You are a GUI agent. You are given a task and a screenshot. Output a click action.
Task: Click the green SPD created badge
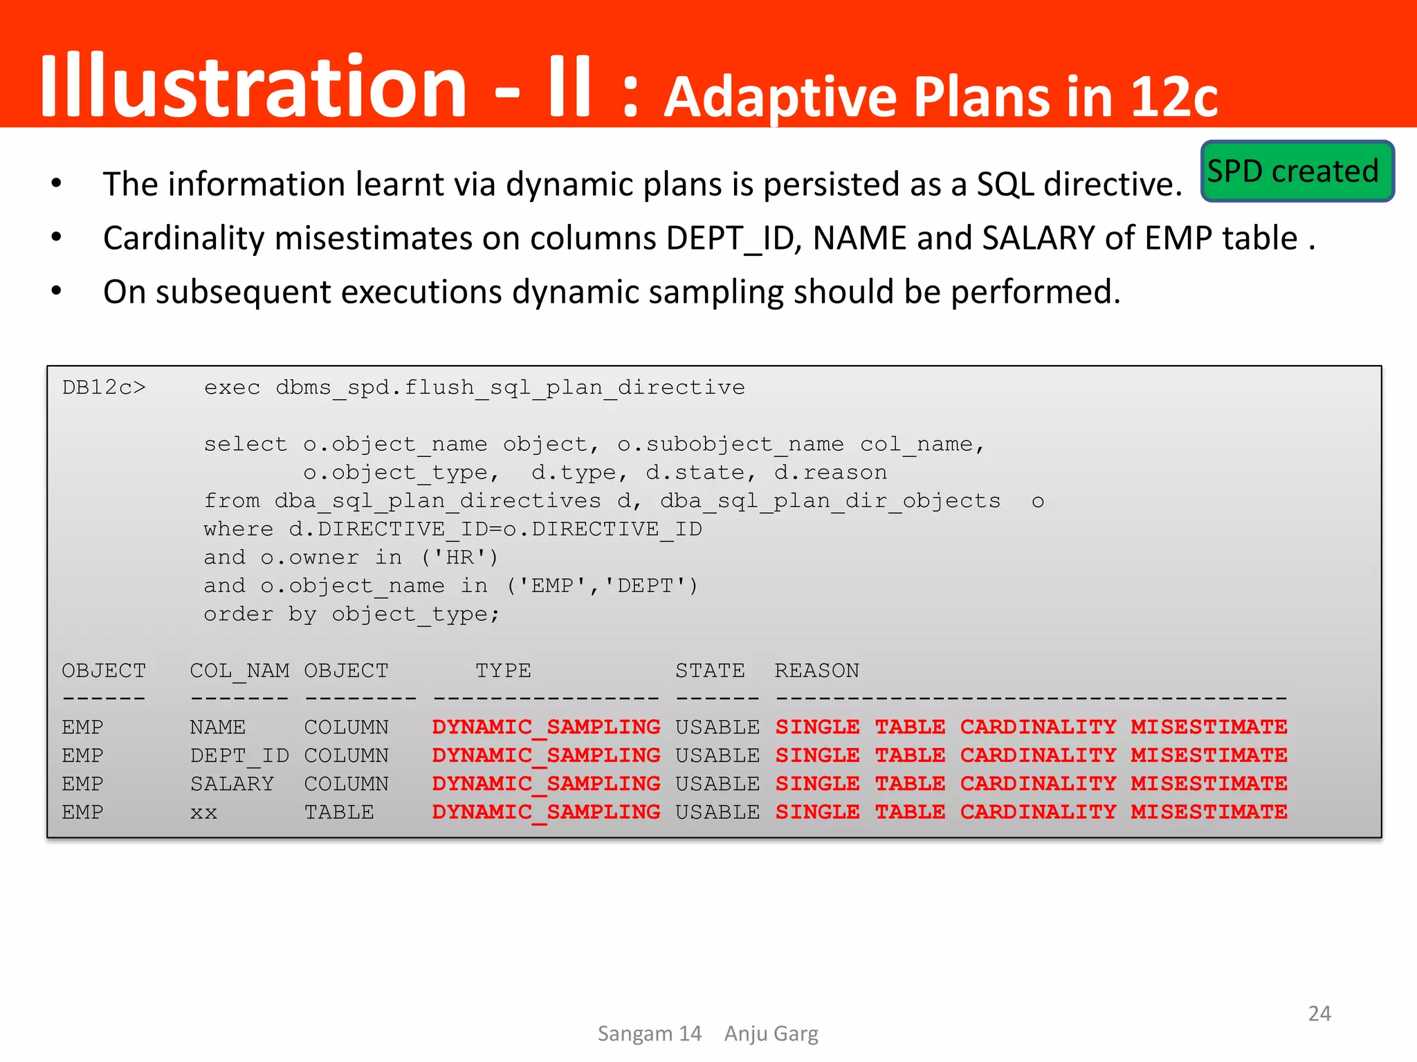1297,171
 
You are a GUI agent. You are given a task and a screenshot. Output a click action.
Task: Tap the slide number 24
1319,1014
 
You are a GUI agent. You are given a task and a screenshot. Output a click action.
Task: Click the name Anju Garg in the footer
771,1034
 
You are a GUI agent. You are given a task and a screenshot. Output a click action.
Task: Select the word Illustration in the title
253,86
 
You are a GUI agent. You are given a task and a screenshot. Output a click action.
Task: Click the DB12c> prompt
104,387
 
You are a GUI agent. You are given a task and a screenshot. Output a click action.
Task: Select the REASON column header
816,671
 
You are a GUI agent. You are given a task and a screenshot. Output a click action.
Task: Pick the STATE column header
710,671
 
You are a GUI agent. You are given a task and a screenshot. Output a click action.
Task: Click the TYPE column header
503,671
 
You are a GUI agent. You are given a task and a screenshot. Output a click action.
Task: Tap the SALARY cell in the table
232,784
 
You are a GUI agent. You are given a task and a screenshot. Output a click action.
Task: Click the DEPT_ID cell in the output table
239,756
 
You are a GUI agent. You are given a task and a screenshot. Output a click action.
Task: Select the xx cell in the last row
203,812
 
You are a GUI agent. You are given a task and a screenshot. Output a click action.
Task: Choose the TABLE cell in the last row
339,812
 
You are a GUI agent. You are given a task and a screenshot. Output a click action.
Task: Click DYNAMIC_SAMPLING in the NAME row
546,727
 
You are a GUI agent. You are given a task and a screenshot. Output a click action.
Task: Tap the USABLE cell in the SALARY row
717,784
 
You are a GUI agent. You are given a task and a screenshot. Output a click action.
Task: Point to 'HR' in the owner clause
459,557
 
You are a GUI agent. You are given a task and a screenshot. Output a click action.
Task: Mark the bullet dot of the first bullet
57,184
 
